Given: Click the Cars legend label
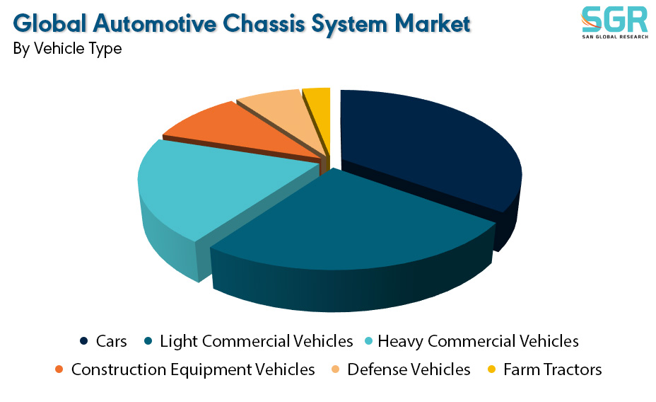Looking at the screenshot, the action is pyautogui.click(x=111, y=341).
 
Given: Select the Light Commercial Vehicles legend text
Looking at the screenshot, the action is pyautogui.click(x=257, y=341).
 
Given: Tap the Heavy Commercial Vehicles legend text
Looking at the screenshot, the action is pyautogui.click(x=478, y=341).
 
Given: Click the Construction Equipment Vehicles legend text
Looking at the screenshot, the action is pyautogui.click(x=193, y=369).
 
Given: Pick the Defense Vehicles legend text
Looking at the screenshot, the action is pyautogui.click(x=409, y=369).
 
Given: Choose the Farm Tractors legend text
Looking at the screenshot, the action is pyautogui.click(x=553, y=369).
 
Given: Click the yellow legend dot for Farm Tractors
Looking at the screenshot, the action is pyautogui.click(x=491, y=369).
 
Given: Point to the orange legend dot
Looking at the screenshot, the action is pyautogui.click(x=59, y=369).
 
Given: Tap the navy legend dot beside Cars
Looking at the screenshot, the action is pyautogui.click(x=83, y=341).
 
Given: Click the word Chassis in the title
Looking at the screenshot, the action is pyautogui.click(x=264, y=23).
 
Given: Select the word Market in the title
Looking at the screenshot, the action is pyautogui.click(x=433, y=23).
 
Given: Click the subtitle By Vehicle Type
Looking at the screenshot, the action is pyautogui.click(x=67, y=49).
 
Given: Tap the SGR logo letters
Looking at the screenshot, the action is pyautogui.click(x=614, y=19).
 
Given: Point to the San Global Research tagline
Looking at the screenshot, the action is pyautogui.click(x=615, y=37).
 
